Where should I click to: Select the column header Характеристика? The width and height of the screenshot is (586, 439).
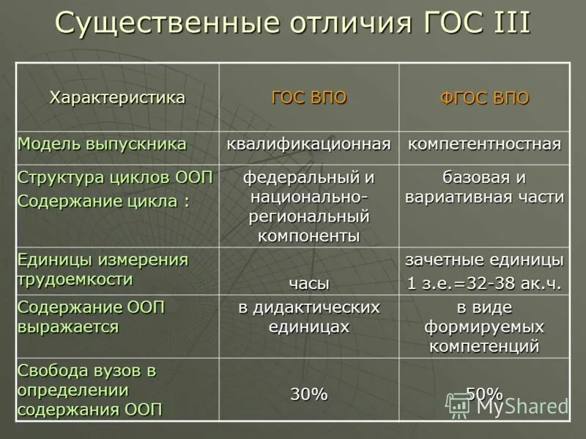[x=117, y=98]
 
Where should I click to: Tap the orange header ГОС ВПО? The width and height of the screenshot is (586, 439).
[x=308, y=98]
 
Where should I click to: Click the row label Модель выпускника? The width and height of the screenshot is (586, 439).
[x=102, y=143]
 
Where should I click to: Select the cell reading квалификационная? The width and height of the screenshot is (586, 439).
[x=308, y=143]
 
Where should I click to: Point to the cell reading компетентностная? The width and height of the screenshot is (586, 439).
[x=484, y=143]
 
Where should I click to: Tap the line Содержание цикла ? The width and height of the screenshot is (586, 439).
[x=103, y=201]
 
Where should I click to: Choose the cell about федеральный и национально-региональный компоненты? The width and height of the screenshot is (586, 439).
[x=308, y=206]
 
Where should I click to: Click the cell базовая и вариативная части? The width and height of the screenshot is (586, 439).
[x=484, y=187]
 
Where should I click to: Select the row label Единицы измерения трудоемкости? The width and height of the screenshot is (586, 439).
[x=103, y=269]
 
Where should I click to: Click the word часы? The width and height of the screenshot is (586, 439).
[x=308, y=283]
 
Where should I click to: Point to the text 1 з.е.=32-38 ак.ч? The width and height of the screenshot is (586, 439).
[x=484, y=283]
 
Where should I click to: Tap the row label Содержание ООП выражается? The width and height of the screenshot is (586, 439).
[x=92, y=317]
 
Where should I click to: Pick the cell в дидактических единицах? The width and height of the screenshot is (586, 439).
[x=308, y=318]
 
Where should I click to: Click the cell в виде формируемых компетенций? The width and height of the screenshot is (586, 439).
[x=484, y=326]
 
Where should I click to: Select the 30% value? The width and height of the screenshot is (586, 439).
[x=308, y=394]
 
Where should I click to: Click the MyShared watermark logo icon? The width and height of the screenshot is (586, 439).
[x=459, y=405]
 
